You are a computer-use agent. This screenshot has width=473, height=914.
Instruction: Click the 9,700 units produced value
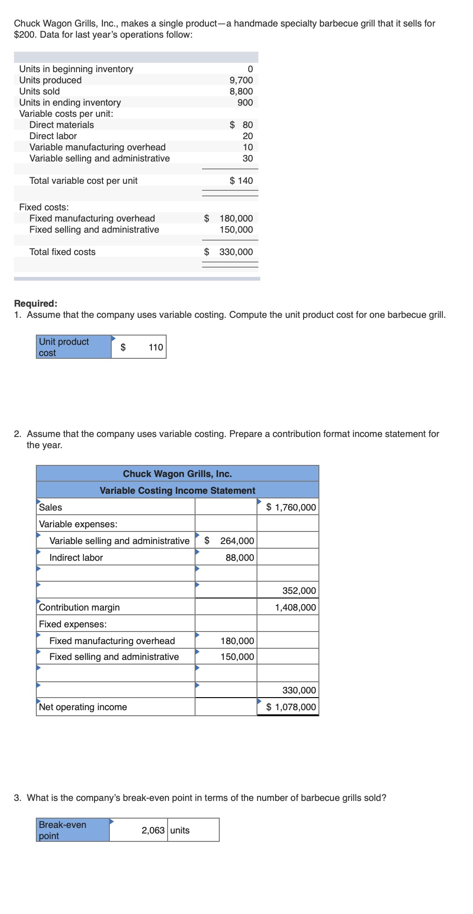(241, 80)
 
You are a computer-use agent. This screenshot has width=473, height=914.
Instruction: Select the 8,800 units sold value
(241, 91)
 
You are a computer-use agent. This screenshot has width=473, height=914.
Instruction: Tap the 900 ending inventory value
(245, 102)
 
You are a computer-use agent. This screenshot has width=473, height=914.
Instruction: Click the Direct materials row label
(61, 125)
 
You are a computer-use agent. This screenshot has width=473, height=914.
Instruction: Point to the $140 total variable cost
(241, 181)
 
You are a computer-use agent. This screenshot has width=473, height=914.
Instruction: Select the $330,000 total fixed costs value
(236, 252)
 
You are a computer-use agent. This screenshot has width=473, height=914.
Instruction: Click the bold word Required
(35, 303)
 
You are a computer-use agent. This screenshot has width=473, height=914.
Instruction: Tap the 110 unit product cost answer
(155, 347)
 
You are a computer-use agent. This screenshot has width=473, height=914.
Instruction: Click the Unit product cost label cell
(74, 347)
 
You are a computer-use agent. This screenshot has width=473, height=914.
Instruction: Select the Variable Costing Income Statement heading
(177, 491)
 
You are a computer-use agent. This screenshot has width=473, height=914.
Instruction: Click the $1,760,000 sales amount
(291, 507)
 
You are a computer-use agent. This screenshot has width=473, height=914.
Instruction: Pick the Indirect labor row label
(76, 558)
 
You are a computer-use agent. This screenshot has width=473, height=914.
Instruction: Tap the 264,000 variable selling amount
(237, 541)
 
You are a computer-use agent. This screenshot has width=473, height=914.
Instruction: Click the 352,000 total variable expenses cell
(299, 591)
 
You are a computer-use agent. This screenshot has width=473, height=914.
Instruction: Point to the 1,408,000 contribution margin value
(295, 607)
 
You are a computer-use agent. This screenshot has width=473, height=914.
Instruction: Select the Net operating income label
(83, 707)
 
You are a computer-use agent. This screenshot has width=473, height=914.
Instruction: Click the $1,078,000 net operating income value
(291, 707)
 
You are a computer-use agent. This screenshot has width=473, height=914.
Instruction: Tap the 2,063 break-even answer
(153, 830)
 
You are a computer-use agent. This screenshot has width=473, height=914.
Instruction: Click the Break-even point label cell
(73, 830)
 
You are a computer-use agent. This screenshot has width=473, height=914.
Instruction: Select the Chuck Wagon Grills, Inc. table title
(177, 474)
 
